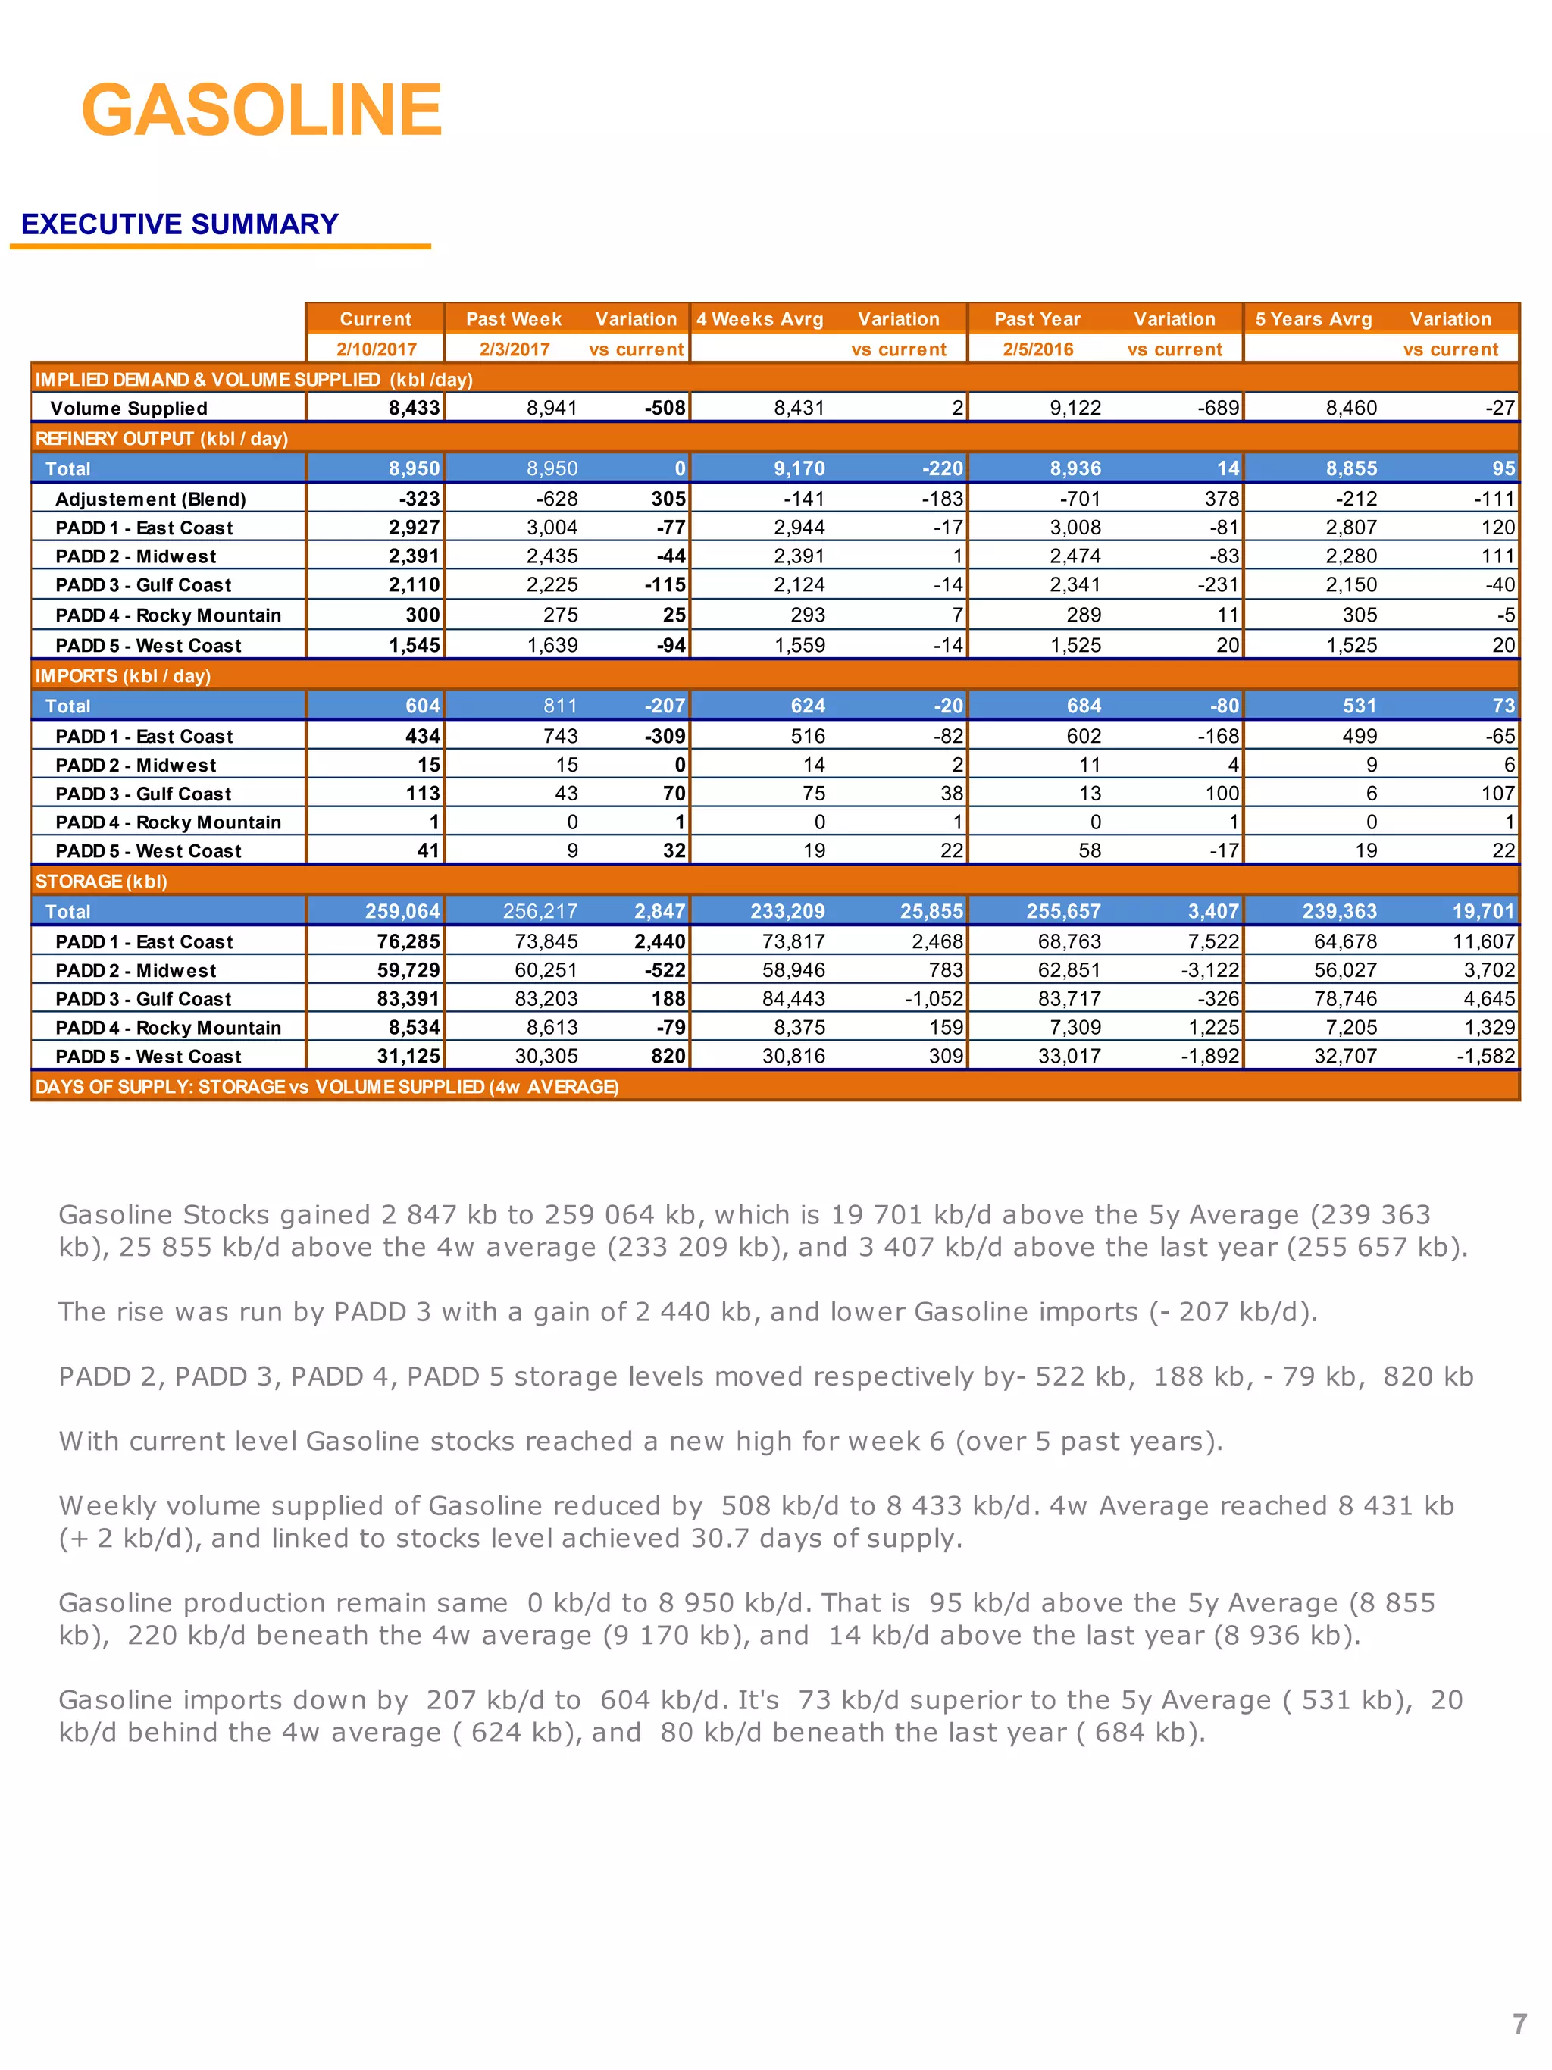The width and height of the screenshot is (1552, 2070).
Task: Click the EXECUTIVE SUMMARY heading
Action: point(180,224)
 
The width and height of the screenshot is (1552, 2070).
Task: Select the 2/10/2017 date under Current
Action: point(376,349)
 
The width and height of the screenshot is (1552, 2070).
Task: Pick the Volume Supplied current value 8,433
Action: point(414,408)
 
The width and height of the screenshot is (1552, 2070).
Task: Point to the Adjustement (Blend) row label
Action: point(151,499)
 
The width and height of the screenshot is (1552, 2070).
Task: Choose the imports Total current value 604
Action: point(422,706)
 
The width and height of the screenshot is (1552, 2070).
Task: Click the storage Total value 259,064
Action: point(402,912)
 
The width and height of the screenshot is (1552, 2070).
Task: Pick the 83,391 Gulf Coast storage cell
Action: point(408,998)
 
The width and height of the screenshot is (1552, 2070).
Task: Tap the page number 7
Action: point(1519,2023)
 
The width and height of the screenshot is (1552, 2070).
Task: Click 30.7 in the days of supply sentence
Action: point(719,1539)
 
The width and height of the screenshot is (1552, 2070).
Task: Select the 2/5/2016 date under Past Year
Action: point(1037,349)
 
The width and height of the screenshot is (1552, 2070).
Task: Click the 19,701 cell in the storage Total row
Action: point(1483,912)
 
